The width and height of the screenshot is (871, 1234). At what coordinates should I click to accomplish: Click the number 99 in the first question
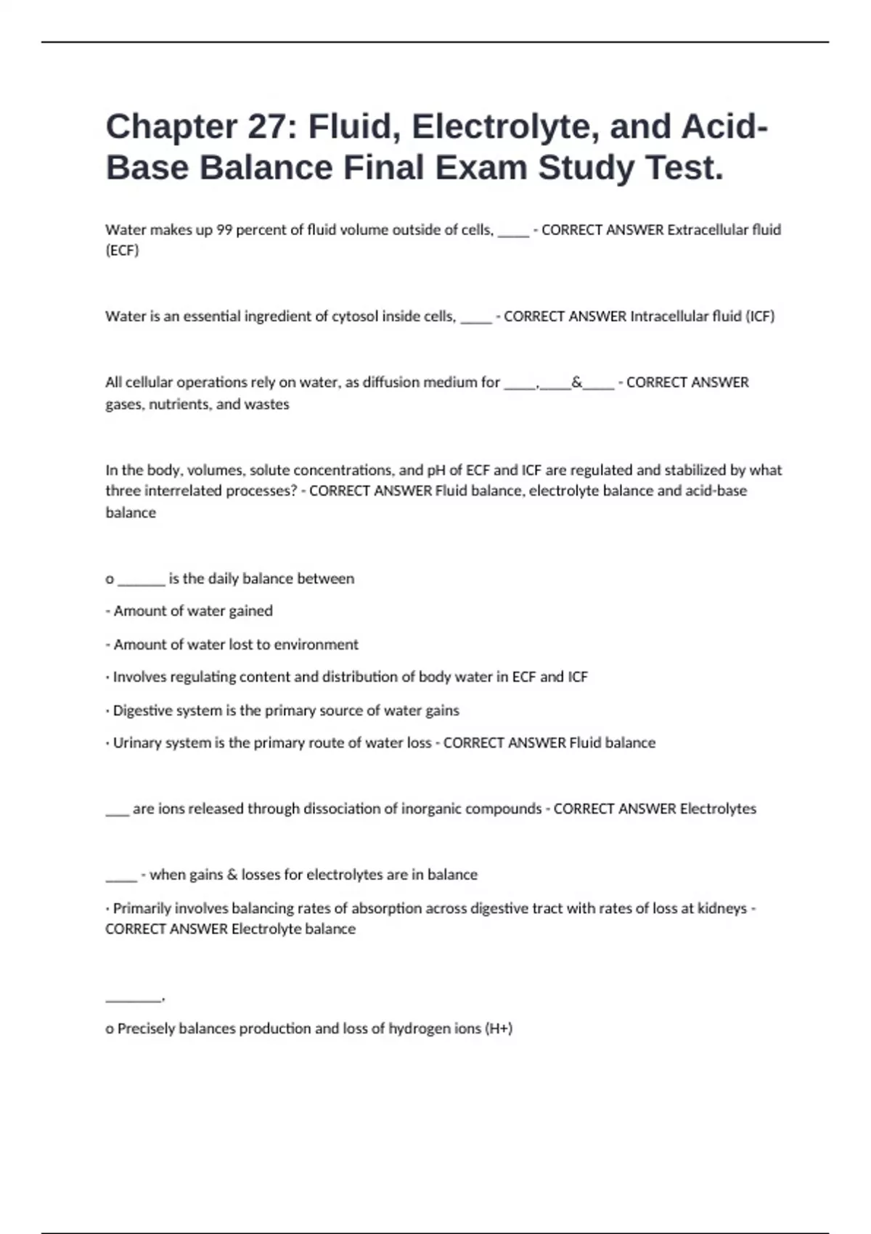[x=224, y=230]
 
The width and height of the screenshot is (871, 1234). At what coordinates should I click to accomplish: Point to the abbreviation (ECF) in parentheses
[x=122, y=250]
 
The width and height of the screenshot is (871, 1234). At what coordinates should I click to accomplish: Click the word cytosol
[x=356, y=316]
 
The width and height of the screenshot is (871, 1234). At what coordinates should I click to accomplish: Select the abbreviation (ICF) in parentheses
[x=760, y=316]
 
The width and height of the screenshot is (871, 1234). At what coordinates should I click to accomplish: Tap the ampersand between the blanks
[x=577, y=383]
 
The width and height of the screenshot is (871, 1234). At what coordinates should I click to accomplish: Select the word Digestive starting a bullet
[x=142, y=711]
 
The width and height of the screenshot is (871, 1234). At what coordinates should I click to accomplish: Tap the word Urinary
[x=138, y=743]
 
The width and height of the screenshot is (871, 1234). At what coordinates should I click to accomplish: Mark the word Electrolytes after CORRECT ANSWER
[x=718, y=809]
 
